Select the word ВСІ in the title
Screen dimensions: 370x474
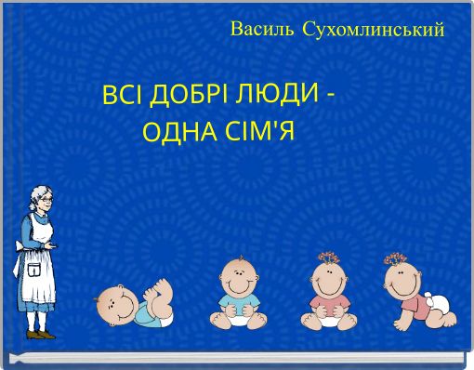122,96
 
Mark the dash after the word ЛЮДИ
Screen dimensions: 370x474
332,97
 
